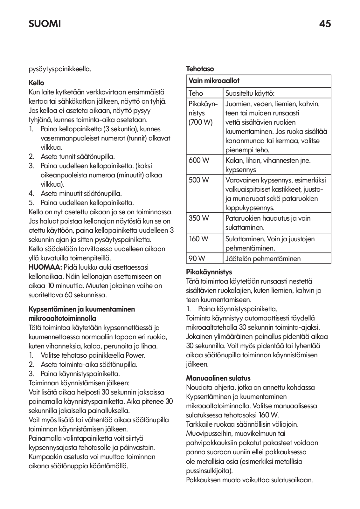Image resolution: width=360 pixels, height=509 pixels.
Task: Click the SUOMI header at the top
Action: click(45, 24)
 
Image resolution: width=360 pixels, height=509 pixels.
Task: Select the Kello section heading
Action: click(36, 83)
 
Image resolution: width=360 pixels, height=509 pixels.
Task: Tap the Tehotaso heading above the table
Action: click(200, 69)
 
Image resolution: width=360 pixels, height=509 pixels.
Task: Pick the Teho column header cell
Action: click(196, 93)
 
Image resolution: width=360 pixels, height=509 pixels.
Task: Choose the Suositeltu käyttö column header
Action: click(250, 93)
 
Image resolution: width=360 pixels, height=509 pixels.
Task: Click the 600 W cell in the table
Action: click(199, 160)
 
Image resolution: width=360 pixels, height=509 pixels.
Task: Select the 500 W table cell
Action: click(199, 180)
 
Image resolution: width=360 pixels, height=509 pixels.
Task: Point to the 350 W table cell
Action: click(199, 218)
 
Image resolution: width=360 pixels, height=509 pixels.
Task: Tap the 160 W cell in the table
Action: click(199, 238)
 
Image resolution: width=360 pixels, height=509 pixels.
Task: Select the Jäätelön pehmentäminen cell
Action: click(263, 258)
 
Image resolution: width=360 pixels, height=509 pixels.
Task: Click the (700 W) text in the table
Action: click(200, 122)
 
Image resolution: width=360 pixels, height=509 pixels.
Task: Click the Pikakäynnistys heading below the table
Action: click(209, 272)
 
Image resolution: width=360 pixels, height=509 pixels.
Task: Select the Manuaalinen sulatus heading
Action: click(218, 378)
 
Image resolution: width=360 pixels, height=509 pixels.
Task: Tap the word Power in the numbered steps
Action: click(135, 355)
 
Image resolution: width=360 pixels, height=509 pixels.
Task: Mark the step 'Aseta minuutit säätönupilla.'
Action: click(81, 193)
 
